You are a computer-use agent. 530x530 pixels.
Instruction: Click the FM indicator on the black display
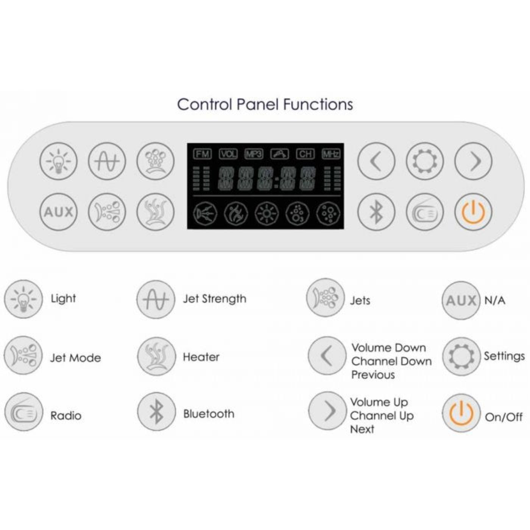coord(202,154)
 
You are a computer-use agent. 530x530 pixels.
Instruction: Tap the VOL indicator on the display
coord(228,154)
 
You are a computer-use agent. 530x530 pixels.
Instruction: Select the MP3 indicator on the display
coord(254,154)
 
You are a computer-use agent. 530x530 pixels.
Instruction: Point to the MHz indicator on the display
coord(331,154)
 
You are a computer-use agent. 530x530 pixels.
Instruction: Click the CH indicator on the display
coord(305,154)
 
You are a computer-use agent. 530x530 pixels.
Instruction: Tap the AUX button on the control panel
coord(59,212)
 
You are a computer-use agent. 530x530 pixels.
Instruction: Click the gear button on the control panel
coord(425,161)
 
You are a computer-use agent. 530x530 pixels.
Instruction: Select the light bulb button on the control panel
coord(59,161)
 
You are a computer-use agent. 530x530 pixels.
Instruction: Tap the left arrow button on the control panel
coord(376,161)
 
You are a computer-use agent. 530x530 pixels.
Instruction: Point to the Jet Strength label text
coord(215,299)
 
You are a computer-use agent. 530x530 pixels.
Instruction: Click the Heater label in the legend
coord(201,357)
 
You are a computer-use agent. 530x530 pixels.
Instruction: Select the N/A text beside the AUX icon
coord(495,301)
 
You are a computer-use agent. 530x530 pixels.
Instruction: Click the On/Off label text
coord(503,417)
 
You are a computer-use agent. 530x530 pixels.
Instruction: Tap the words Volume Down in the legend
coord(389,348)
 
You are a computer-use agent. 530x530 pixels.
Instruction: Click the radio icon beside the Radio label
coord(23,412)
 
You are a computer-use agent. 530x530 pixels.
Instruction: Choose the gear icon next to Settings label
coord(461,356)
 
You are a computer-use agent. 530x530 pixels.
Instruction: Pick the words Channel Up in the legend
coord(382,416)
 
